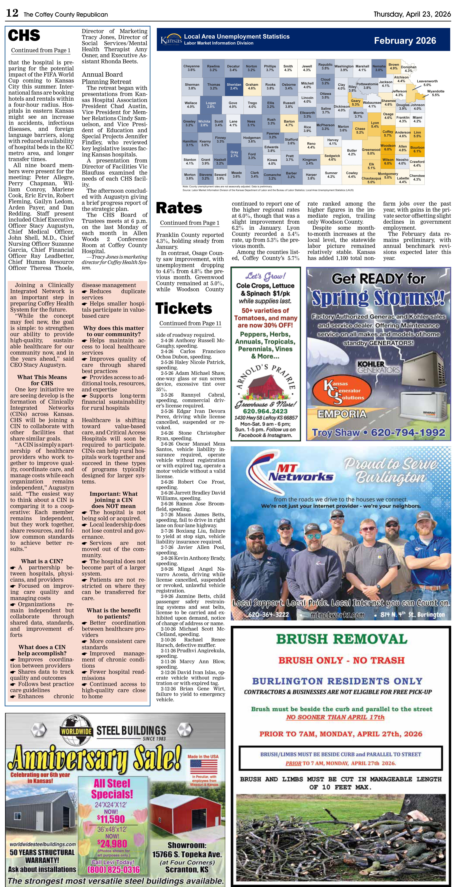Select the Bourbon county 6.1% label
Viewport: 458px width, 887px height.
(417, 149)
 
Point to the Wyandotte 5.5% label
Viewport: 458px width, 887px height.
(436, 93)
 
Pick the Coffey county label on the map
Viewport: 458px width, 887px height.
(388, 133)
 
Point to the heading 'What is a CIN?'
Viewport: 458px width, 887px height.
(42, 561)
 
